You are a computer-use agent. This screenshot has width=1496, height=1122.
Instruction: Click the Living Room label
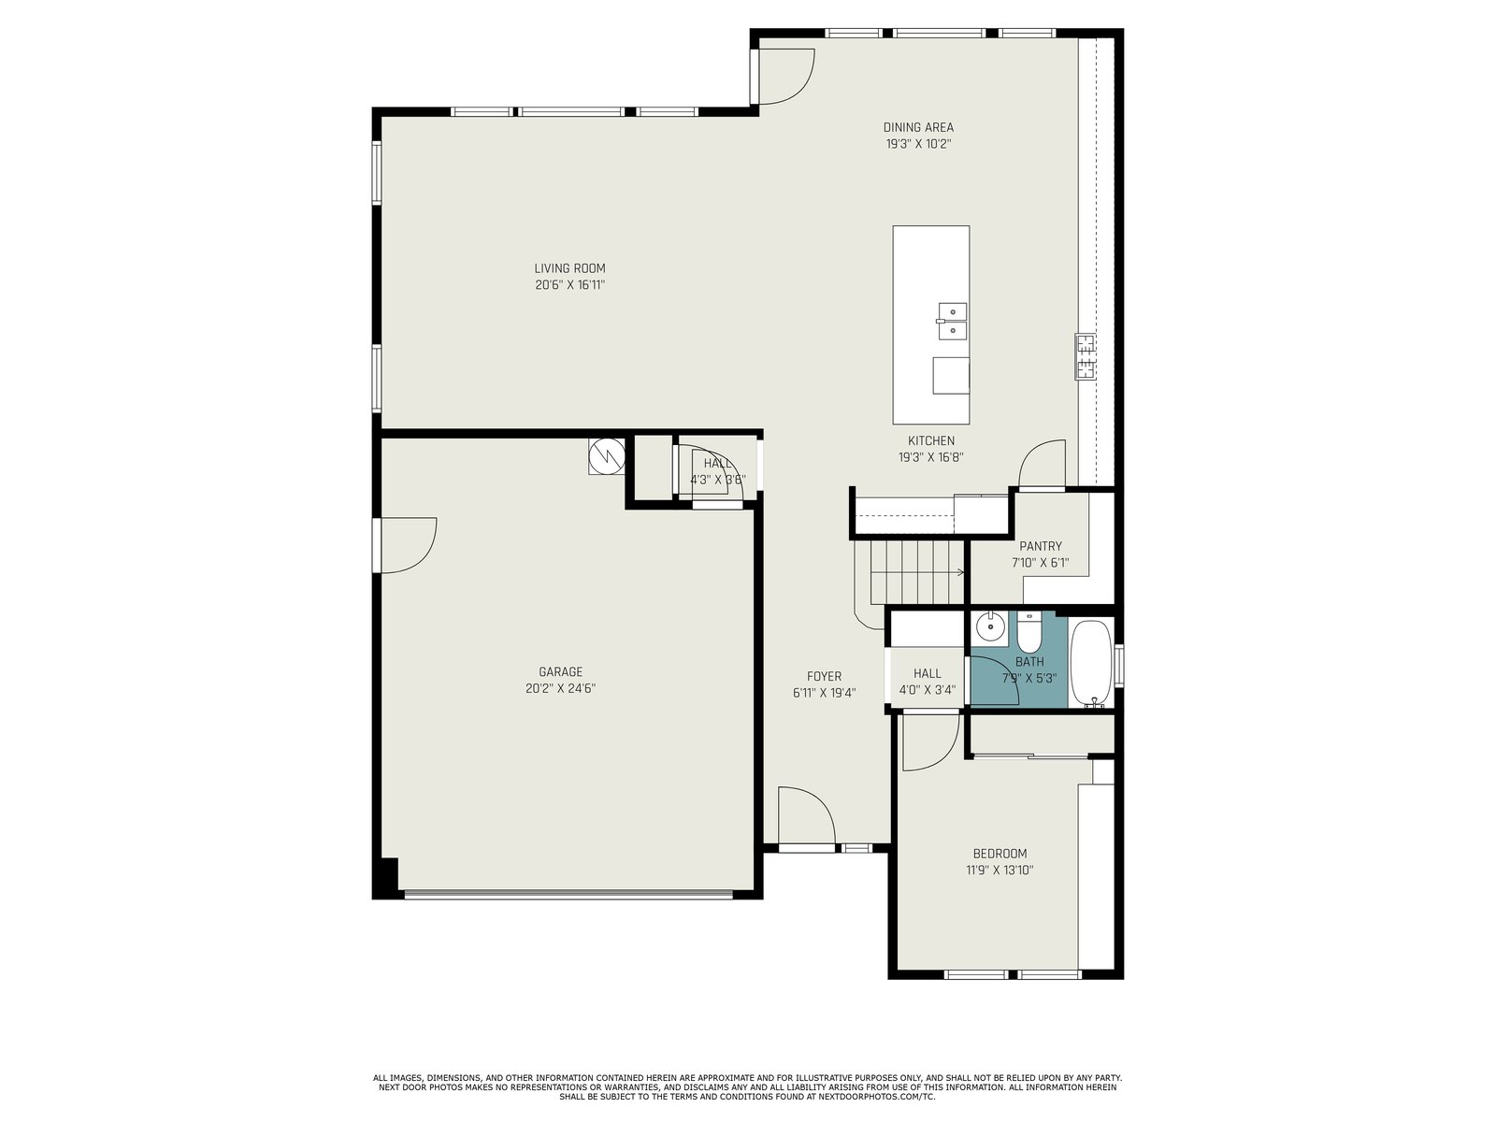coord(569,268)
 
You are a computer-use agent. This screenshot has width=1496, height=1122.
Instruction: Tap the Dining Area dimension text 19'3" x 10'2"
coord(918,144)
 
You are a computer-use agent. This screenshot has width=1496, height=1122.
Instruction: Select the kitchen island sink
coord(952,322)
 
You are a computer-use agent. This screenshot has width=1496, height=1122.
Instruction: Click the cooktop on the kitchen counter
coord(1085,357)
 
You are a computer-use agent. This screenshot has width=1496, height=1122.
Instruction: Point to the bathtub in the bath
coord(1090,664)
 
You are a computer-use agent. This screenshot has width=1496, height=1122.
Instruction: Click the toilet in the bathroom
coord(1029,631)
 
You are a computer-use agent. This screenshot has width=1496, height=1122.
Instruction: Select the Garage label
coord(560,671)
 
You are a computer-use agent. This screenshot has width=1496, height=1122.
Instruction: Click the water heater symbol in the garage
coord(607,455)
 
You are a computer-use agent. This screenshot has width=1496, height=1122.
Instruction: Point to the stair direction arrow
coord(917,572)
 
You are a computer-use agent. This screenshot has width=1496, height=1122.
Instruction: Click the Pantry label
coord(1040,546)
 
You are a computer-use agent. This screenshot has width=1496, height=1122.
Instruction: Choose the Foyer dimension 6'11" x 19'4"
coord(824,693)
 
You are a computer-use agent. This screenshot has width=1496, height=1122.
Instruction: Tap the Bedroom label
coord(1000,854)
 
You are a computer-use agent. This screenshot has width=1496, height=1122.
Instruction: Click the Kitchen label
coord(931,440)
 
